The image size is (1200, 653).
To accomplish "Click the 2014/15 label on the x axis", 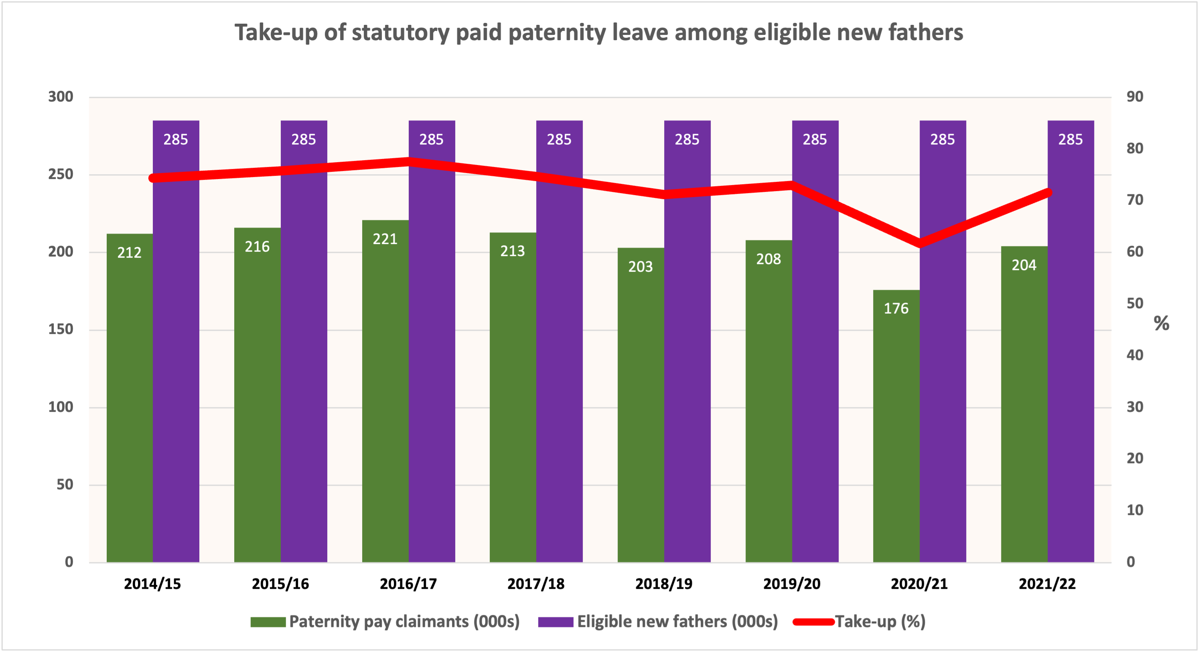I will (x=152, y=584).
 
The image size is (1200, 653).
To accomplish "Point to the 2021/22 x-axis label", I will (x=1047, y=584).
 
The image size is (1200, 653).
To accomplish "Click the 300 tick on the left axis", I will (x=61, y=97).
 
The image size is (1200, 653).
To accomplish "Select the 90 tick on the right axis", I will (x=1135, y=97).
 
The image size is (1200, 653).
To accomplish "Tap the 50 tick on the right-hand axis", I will (x=1135, y=303).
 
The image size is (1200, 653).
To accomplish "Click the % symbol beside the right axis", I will (x=1161, y=323).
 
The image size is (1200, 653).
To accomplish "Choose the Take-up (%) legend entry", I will (x=880, y=621).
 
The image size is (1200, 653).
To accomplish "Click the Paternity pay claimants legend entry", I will (x=404, y=621).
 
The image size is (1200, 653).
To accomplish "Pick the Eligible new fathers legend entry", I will (x=677, y=621).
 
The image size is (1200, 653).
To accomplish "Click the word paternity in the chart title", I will (x=557, y=33).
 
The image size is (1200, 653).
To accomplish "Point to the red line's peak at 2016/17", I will (x=409, y=162).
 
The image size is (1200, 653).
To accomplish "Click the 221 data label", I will (x=385, y=239).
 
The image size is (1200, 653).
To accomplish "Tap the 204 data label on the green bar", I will (x=1024, y=265).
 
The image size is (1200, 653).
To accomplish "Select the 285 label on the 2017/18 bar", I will (x=559, y=139).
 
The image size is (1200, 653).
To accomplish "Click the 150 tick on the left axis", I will (x=61, y=330).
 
